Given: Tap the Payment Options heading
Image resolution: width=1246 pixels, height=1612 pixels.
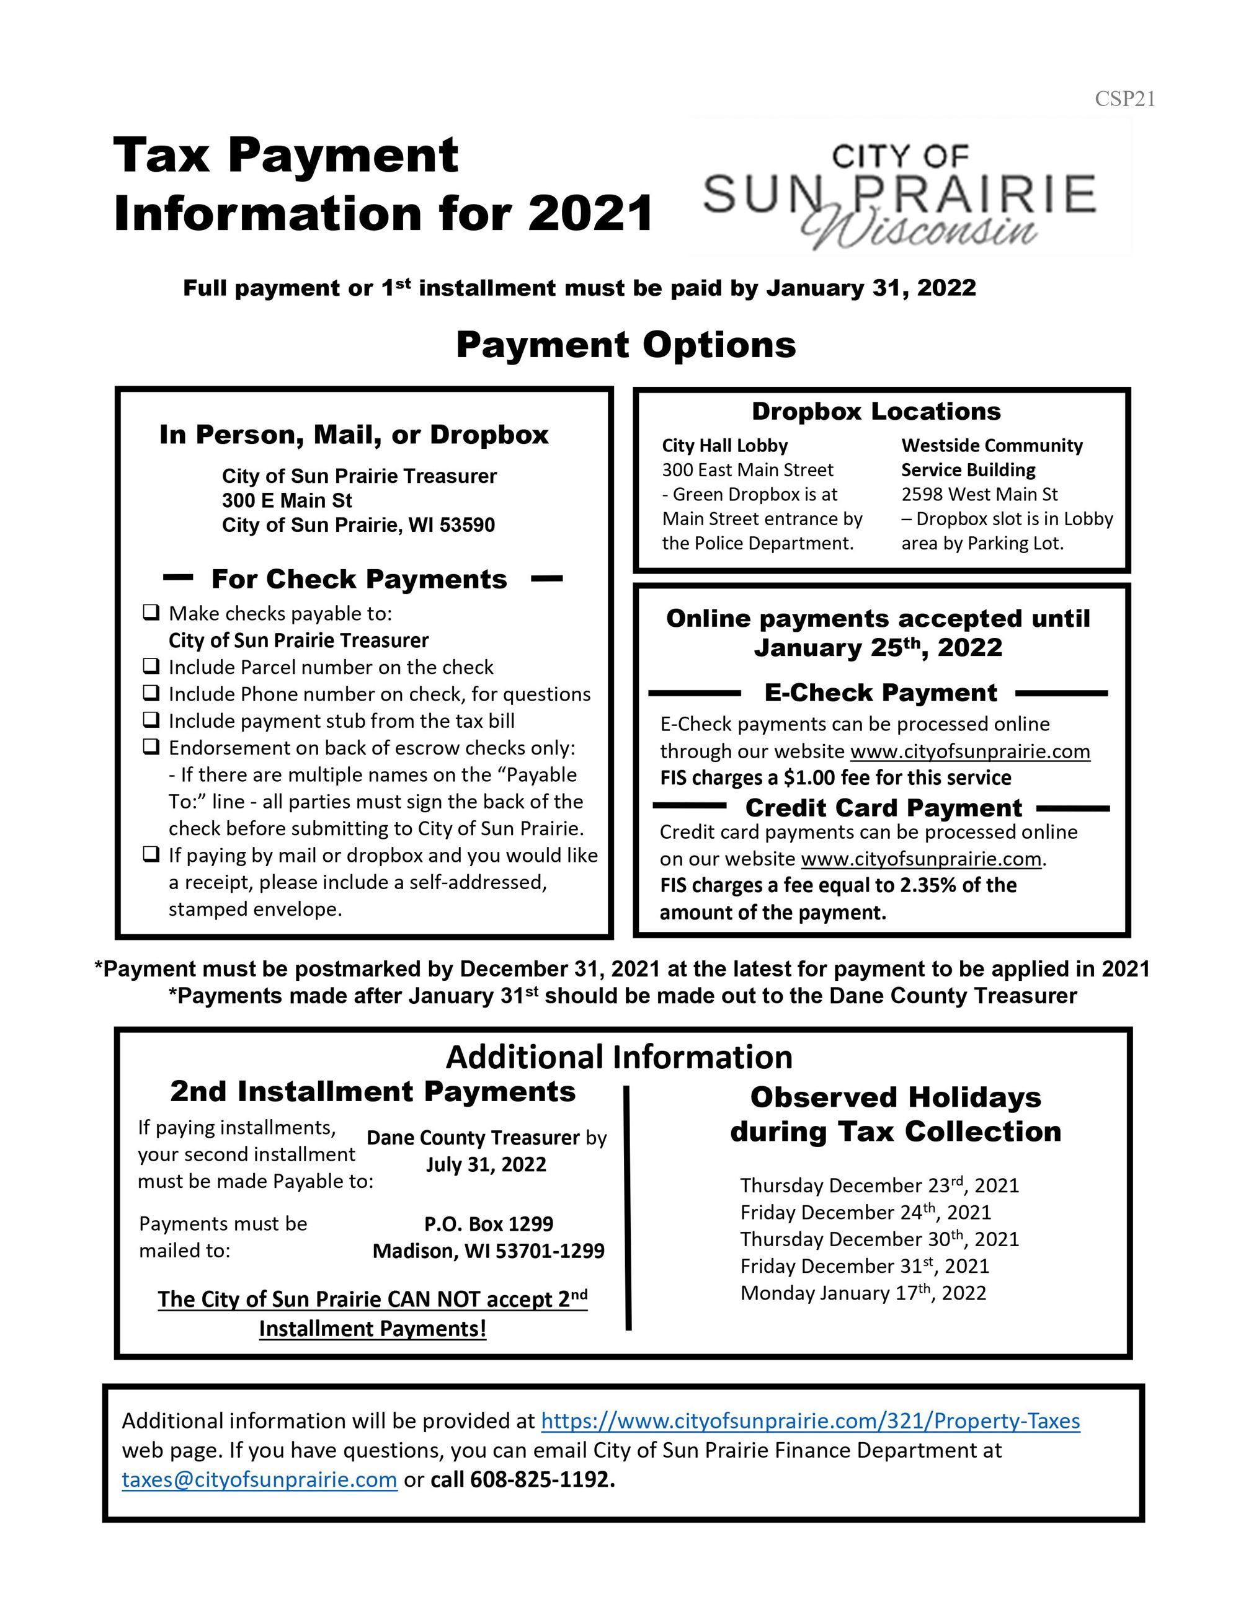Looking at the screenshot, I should point(626,345).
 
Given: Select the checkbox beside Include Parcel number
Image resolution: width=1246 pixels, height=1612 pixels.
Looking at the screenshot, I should point(151,666).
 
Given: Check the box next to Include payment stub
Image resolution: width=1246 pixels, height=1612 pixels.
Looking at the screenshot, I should point(151,720).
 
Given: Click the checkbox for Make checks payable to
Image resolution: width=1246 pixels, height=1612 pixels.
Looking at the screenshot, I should point(151,612).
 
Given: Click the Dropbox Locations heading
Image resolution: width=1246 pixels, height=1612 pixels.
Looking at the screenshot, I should point(876,411).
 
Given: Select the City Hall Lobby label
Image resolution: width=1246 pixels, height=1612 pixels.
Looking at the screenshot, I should point(724,445).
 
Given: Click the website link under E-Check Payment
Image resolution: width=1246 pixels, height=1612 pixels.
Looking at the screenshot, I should point(970,751).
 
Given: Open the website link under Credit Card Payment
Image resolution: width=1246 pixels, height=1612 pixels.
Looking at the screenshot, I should point(920,859).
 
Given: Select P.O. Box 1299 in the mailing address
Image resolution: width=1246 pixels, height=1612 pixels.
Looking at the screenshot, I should point(488,1224).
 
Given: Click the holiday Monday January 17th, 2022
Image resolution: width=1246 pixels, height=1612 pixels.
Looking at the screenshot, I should point(863,1293).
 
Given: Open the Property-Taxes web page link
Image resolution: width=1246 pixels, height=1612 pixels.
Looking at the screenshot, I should point(810,1421).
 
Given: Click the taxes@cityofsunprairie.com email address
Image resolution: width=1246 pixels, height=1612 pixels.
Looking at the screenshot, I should point(259,1480).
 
